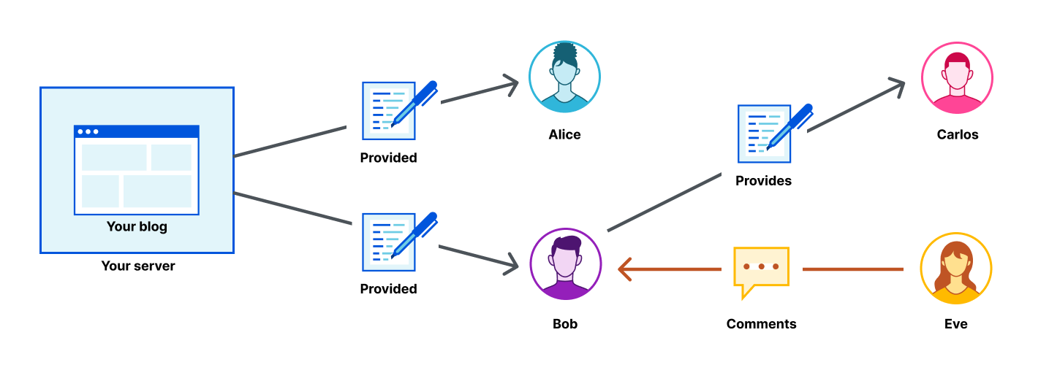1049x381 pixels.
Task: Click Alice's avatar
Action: pos(564,77)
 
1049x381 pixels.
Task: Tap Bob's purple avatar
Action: pos(565,264)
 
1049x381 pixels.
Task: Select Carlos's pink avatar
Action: pos(957,77)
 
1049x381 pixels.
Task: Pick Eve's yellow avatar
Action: pos(955,268)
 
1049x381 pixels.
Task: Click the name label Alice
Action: pos(564,134)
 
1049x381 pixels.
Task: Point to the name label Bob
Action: pos(565,323)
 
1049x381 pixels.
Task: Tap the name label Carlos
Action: pos(957,134)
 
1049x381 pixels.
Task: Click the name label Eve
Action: pos(955,323)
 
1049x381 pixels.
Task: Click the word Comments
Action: pos(761,323)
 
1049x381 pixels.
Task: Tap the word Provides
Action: pos(763,180)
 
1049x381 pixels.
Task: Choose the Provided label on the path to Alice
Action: pos(388,158)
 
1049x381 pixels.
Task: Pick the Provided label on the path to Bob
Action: pos(388,289)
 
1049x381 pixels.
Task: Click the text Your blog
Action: pos(137,226)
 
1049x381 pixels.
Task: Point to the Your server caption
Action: pos(138,266)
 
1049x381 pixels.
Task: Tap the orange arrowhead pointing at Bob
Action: pos(624,269)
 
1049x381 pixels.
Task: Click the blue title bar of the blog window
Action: pos(137,131)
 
